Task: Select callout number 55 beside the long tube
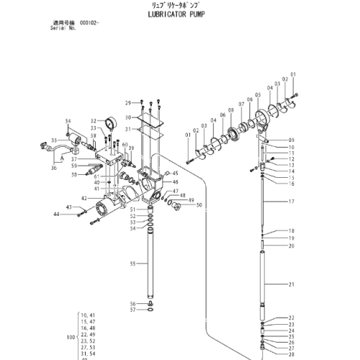(132, 264)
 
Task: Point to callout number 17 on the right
(292, 203)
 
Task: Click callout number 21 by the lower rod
(292, 285)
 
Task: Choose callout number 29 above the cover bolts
(128, 103)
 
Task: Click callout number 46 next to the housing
(175, 183)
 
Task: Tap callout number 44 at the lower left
(76, 215)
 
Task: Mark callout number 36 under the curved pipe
(53, 168)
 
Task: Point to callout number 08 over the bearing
(230, 109)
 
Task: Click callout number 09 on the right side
(292, 140)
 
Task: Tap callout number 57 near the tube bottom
(132, 310)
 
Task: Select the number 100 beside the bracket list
(70, 337)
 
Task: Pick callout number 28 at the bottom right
(292, 355)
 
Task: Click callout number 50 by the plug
(199, 205)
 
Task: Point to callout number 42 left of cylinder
(84, 198)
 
